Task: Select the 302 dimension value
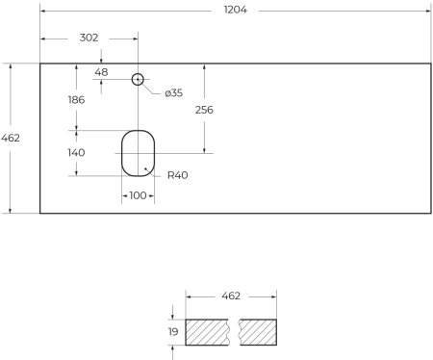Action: (89, 38)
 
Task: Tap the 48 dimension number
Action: (102, 72)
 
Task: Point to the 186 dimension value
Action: (75, 99)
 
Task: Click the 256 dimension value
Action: (204, 110)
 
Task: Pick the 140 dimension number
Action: (75, 152)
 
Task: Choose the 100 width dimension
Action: (138, 195)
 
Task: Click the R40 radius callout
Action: (177, 175)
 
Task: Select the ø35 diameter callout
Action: (174, 92)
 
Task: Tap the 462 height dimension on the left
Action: (12, 138)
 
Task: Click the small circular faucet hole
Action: (138, 79)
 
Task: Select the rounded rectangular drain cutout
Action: (138, 153)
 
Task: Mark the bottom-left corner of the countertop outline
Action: (39, 213)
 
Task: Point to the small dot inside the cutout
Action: (145, 168)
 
